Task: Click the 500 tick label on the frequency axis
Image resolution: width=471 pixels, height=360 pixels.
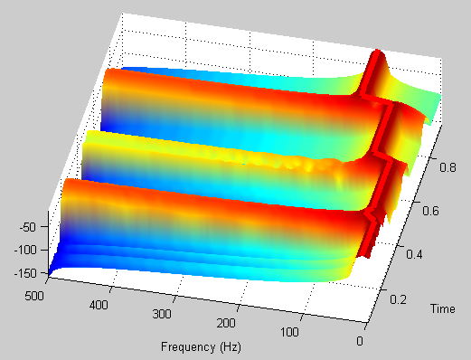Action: click(x=34, y=296)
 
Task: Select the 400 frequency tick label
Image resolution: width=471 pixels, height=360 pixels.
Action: click(x=99, y=305)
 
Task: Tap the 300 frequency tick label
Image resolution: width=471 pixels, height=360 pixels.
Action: click(x=162, y=314)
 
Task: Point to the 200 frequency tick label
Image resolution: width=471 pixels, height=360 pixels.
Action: click(x=226, y=323)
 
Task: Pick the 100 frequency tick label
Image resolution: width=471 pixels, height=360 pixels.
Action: click(x=289, y=332)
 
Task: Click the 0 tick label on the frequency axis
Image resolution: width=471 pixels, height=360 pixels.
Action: click(x=360, y=341)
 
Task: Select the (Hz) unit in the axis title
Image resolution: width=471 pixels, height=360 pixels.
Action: click(x=231, y=347)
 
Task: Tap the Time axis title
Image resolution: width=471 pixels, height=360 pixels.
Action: click(x=443, y=308)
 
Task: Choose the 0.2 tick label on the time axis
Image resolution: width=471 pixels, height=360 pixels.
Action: click(x=398, y=299)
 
